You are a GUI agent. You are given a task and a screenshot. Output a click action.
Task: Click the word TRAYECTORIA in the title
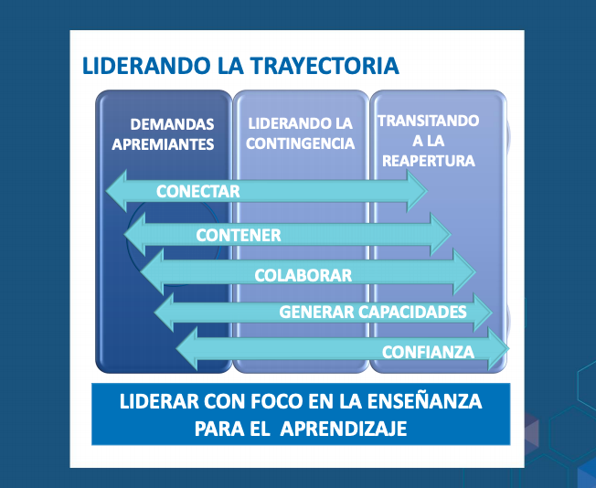[325, 66]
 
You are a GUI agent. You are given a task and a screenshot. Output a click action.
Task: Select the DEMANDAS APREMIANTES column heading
[163, 134]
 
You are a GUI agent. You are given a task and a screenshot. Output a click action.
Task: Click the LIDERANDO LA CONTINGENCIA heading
[300, 133]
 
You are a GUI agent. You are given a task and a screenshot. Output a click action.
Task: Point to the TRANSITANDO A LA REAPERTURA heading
[429, 141]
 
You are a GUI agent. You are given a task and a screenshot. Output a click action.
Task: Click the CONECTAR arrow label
[198, 191]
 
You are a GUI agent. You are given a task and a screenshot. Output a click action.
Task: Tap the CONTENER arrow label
[239, 235]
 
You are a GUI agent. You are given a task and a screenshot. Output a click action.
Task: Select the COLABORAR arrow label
[303, 276]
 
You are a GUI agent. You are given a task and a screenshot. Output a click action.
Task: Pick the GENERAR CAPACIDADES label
[373, 312]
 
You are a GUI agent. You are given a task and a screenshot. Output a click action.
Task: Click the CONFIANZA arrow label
[429, 352]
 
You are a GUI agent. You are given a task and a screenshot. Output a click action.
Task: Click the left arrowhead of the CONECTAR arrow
[116, 191]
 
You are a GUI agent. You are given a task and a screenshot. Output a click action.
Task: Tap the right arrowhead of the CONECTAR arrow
[417, 191]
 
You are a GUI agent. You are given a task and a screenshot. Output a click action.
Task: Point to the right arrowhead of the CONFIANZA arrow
[499, 349]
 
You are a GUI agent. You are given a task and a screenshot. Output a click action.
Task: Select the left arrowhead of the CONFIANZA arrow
[187, 349]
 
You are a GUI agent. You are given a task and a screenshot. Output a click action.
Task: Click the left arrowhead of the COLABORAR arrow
[152, 271]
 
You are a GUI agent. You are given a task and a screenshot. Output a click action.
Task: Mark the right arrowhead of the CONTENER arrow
[441, 234]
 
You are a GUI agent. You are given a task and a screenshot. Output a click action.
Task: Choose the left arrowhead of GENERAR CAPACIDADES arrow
[165, 313]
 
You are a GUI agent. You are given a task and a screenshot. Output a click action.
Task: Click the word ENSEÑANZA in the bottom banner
[424, 401]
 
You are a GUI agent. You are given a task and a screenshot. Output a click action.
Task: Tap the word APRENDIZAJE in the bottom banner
[344, 430]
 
